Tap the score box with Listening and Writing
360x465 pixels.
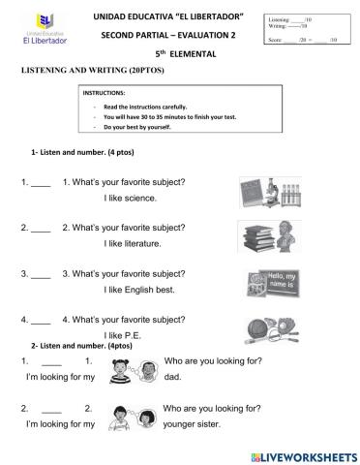[307, 30]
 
